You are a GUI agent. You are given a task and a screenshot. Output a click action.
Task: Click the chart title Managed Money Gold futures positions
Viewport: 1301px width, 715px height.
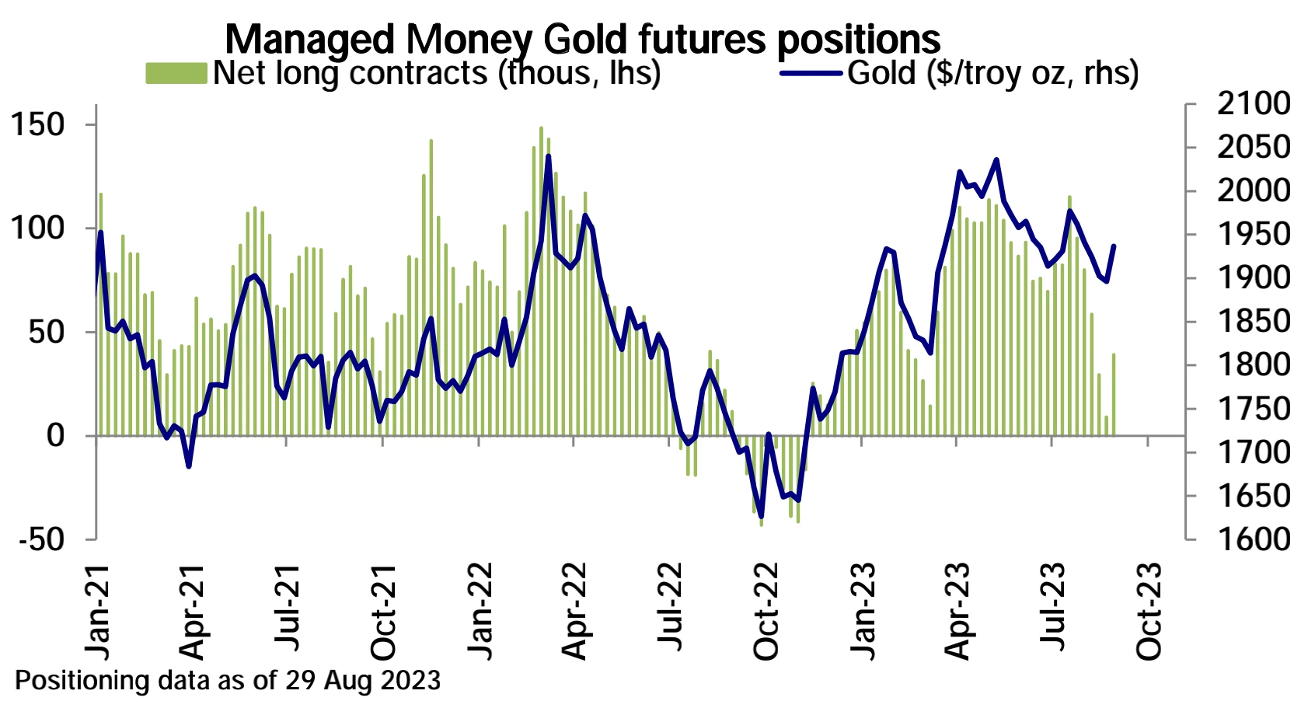pos(582,39)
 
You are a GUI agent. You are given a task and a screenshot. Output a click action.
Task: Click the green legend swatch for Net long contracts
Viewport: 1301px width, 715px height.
pos(176,73)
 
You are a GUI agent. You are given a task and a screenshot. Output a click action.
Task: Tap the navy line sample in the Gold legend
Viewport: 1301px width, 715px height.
pos(811,74)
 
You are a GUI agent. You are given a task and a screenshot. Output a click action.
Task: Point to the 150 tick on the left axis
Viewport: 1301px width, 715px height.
pos(38,124)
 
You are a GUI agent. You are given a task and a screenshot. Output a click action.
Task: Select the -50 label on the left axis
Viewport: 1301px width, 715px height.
pos(40,539)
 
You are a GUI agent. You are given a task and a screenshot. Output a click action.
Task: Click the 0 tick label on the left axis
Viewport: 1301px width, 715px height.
pos(55,435)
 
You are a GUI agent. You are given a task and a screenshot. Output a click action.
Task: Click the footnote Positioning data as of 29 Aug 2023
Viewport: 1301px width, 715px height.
pos(228,681)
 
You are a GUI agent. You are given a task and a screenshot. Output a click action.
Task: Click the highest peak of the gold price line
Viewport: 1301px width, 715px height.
pos(549,156)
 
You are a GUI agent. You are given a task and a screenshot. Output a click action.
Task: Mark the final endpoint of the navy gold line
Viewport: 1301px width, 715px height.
pos(1114,246)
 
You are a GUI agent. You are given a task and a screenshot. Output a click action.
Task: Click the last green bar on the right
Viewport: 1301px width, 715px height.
pos(1114,394)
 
